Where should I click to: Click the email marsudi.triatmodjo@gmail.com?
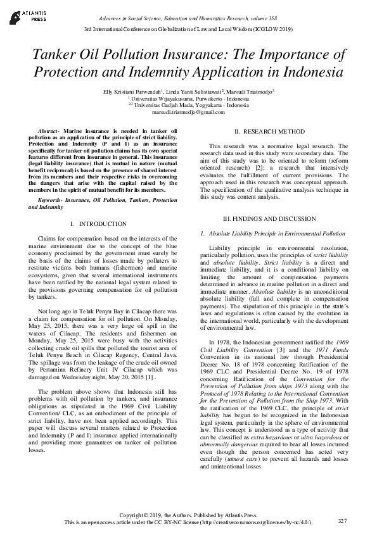point(188,112)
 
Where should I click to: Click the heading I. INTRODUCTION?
point(98,224)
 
